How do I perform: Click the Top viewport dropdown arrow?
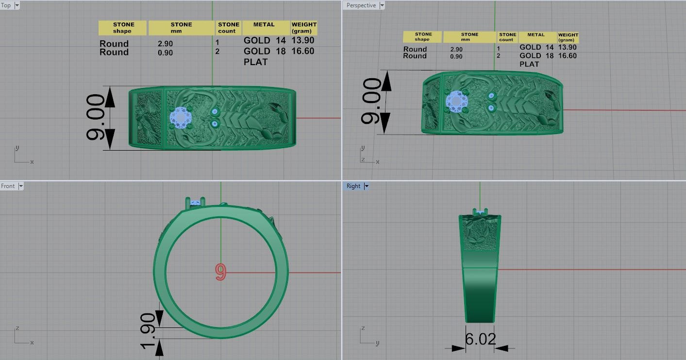coord(17,5)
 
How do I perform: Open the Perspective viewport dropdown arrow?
coord(382,5)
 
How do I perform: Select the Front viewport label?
coord(8,186)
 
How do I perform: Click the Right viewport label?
coord(353,186)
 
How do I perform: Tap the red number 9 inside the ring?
coord(220,272)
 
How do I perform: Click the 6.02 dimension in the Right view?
coord(480,339)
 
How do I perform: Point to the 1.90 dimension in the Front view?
coord(148,331)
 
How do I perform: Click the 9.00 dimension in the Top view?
coord(95,118)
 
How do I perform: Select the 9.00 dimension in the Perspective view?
coord(371,101)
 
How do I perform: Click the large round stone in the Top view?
coord(181,118)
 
